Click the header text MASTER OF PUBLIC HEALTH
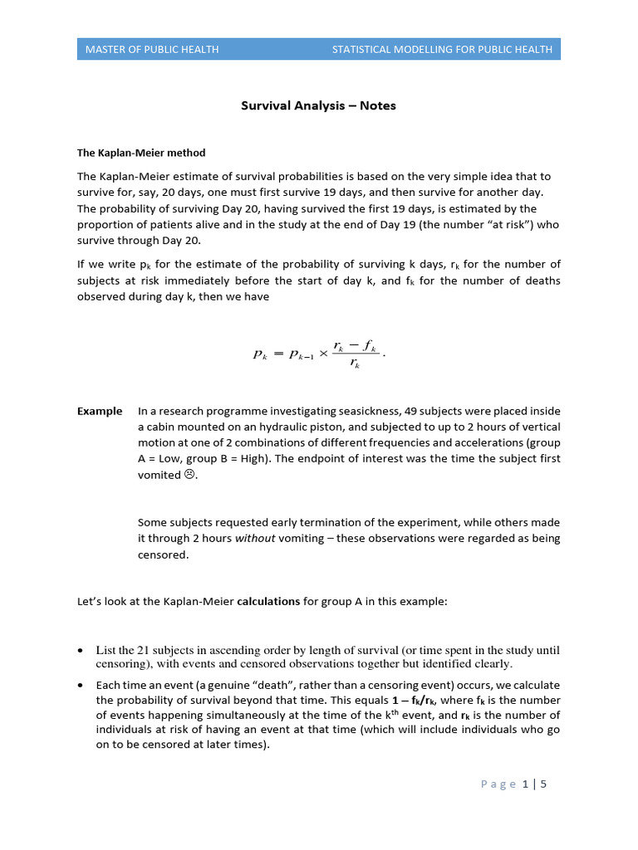(152, 49)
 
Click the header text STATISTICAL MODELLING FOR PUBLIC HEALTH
(442, 49)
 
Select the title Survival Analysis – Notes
(318, 105)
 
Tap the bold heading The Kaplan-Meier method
(141, 153)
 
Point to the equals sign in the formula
(279, 353)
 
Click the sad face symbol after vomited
(189, 475)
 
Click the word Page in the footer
(498, 784)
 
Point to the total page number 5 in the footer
(543, 784)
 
